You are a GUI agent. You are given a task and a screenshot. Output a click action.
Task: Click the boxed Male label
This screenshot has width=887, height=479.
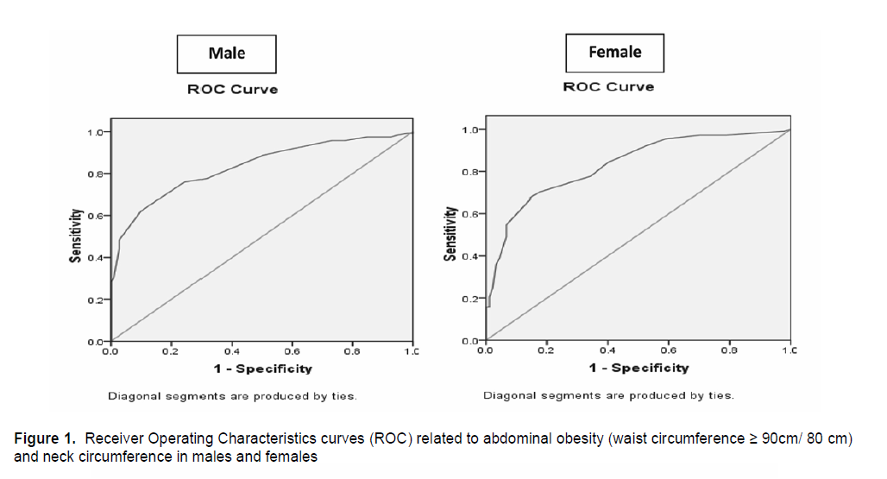tap(227, 54)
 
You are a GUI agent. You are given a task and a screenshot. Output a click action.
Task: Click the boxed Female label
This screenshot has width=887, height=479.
tap(614, 52)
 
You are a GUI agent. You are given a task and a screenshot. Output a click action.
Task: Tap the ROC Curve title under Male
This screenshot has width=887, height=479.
tap(233, 90)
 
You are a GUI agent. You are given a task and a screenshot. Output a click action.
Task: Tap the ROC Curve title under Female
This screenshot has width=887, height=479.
tap(608, 87)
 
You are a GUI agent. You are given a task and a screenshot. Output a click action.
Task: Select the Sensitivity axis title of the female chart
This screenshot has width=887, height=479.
tap(450, 234)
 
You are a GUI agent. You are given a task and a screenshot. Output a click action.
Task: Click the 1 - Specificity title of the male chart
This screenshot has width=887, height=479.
tap(262, 369)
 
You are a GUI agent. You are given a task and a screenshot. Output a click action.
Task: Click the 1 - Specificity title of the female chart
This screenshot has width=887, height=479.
tap(639, 368)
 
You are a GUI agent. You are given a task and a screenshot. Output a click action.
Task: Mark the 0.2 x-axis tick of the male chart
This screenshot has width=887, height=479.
tap(171, 353)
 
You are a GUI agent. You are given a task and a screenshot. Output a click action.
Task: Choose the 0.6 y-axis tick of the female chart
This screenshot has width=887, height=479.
tap(469, 214)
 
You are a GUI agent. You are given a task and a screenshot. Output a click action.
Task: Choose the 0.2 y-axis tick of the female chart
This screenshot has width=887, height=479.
tap(469, 299)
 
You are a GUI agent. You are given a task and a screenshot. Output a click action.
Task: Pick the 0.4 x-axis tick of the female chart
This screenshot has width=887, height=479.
tap(607, 351)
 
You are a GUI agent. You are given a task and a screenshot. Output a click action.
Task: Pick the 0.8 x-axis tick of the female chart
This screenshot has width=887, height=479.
tap(729, 351)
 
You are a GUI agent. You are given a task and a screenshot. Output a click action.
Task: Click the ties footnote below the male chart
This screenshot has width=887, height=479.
tap(232, 396)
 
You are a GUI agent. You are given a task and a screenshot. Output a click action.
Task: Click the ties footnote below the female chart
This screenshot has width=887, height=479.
tap(608, 395)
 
